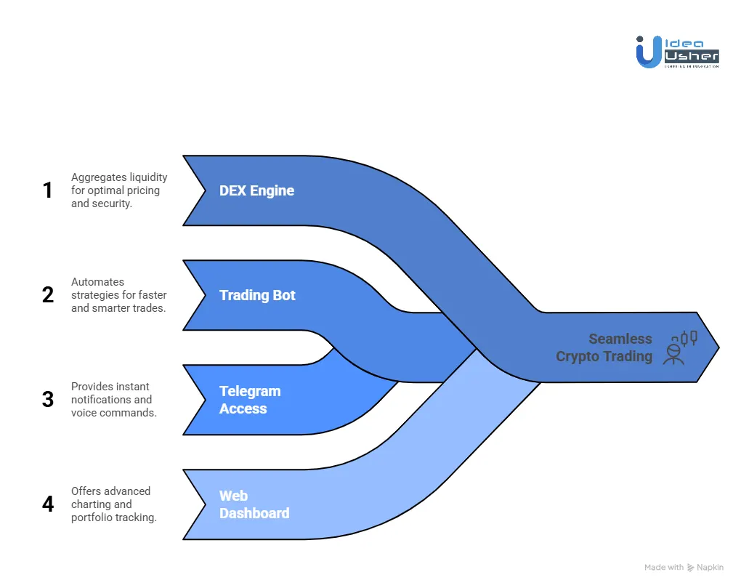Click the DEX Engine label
coord(256,190)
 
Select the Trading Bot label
coord(257,295)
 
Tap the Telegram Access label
coord(250,400)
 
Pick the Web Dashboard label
coord(254,504)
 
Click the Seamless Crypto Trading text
coord(604,347)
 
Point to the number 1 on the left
coord(48,190)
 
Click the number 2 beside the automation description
coord(48,295)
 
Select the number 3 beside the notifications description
coord(48,400)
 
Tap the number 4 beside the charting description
coord(48,504)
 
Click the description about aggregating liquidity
coord(119,190)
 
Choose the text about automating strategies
coord(118,295)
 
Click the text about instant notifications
coord(113,400)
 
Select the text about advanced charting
coord(113,504)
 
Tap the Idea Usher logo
coord(677,52)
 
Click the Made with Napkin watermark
coord(684,567)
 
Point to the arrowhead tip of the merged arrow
coord(717,347)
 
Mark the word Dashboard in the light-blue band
coord(254,513)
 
